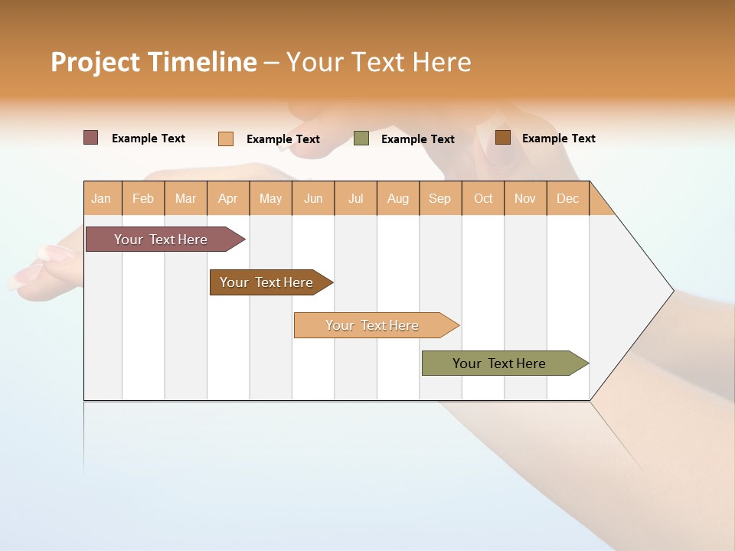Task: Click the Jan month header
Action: click(x=101, y=198)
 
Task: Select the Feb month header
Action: click(x=143, y=198)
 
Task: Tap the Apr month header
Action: click(x=227, y=198)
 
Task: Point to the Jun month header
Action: click(x=313, y=198)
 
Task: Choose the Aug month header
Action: click(x=397, y=198)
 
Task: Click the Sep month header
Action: click(x=439, y=198)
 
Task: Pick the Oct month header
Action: click(x=483, y=198)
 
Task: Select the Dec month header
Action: click(x=567, y=198)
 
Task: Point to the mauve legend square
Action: click(x=91, y=138)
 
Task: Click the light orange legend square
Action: click(x=226, y=139)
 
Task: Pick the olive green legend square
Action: click(x=361, y=139)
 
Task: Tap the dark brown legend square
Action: click(x=502, y=138)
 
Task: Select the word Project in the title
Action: click(x=94, y=62)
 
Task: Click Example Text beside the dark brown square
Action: click(x=558, y=139)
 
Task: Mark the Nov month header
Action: click(x=524, y=198)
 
